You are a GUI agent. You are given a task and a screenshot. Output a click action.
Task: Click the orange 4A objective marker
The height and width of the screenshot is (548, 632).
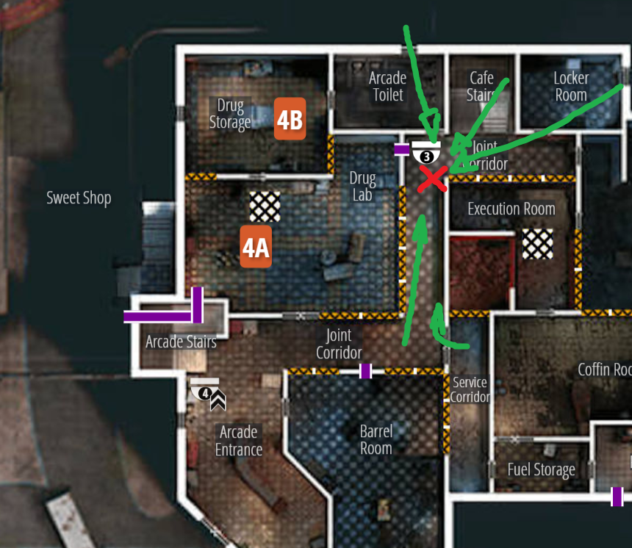tap(256, 247)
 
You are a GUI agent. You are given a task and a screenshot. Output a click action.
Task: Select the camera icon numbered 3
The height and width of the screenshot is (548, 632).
tap(426, 152)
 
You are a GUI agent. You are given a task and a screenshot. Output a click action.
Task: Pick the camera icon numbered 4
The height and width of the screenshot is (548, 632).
tap(204, 389)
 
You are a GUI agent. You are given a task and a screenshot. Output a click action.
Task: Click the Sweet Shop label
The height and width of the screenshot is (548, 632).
tap(79, 198)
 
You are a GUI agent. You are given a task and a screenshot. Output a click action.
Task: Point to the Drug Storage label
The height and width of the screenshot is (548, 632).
tap(230, 114)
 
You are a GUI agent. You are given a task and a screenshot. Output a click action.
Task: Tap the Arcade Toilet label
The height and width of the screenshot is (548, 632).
tap(387, 86)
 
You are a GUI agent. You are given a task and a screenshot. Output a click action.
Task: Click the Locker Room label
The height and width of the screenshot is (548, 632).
tap(571, 86)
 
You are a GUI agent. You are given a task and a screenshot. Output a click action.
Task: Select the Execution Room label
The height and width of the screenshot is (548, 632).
tap(511, 209)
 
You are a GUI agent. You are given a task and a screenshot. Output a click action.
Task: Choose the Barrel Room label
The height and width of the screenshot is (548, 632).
tap(376, 439)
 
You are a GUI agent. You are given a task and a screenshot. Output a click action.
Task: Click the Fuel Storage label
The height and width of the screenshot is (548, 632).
tap(541, 469)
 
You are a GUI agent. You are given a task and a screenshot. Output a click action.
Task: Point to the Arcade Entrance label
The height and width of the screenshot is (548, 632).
tap(239, 441)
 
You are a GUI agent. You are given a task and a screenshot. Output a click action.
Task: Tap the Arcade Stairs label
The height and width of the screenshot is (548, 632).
tap(181, 342)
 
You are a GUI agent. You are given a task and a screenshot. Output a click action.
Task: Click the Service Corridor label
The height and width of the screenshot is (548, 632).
tap(470, 389)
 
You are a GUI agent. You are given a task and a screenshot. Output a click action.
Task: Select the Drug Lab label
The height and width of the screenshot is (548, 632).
tap(362, 187)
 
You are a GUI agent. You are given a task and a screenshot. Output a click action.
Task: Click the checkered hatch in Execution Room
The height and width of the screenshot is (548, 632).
tap(537, 243)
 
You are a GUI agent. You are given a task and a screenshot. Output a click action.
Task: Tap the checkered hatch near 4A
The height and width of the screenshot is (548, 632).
tap(265, 206)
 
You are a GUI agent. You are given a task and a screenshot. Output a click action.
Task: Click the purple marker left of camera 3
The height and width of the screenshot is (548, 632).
tap(401, 150)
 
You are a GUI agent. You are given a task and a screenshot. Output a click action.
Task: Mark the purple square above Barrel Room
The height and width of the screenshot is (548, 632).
tap(365, 371)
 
